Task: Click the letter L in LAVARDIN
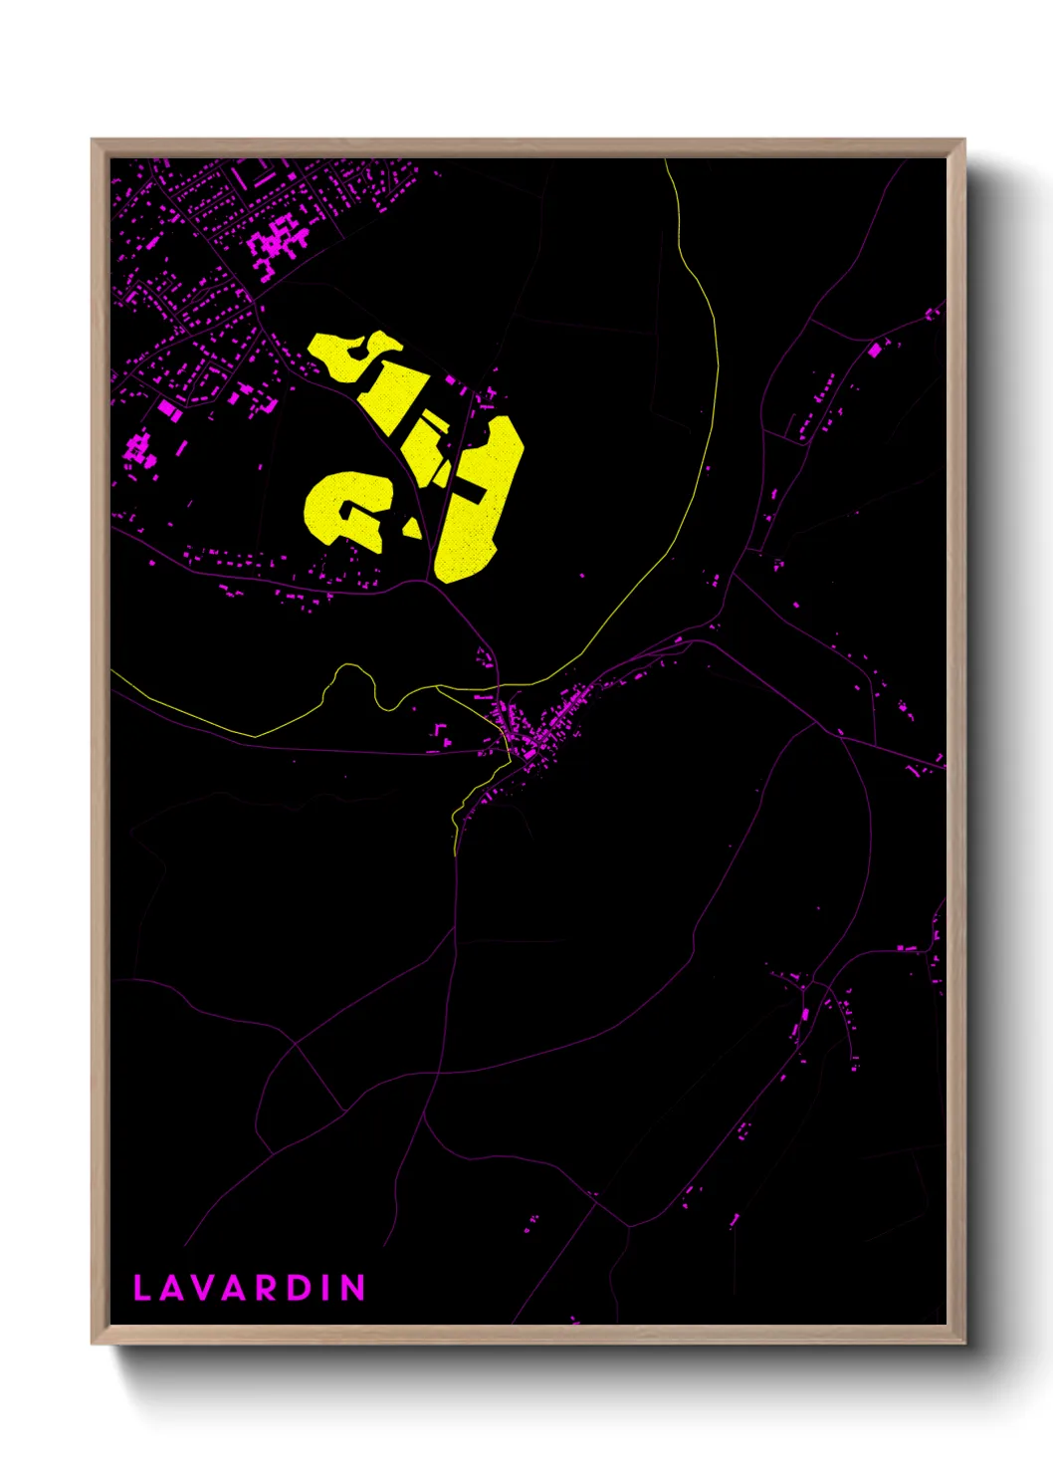pyautogui.click(x=141, y=1288)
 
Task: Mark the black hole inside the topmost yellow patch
pyautogui.click(x=354, y=349)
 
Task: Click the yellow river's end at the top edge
pyautogui.click(x=666, y=161)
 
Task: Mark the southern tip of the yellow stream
pyautogui.click(x=456, y=853)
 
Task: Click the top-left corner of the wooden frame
pyautogui.click(x=94, y=140)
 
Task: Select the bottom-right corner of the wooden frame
pyautogui.click(x=963, y=1343)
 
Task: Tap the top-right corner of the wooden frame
pyautogui.click(x=963, y=140)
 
